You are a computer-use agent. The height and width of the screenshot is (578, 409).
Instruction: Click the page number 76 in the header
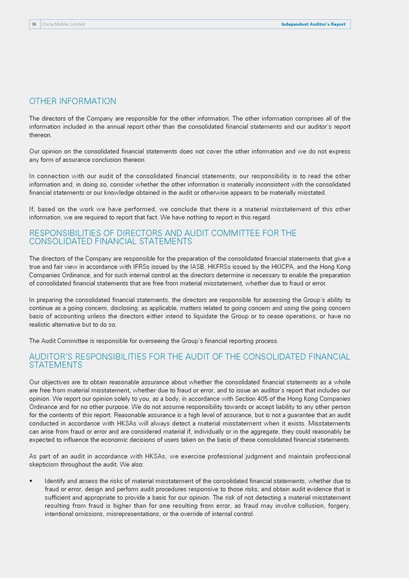[34, 25]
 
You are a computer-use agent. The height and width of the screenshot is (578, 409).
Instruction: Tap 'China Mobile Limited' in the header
[63, 25]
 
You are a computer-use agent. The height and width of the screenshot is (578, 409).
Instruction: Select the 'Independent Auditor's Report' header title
[313, 25]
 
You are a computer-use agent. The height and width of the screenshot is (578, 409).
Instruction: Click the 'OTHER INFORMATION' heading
[72, 102]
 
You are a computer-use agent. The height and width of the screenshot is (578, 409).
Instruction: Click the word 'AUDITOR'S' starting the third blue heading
[54, 357]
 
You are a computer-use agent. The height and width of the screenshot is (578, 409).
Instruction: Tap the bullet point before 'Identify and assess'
[31, 482]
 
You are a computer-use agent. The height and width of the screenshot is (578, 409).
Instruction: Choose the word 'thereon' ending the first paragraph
[40, 135]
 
